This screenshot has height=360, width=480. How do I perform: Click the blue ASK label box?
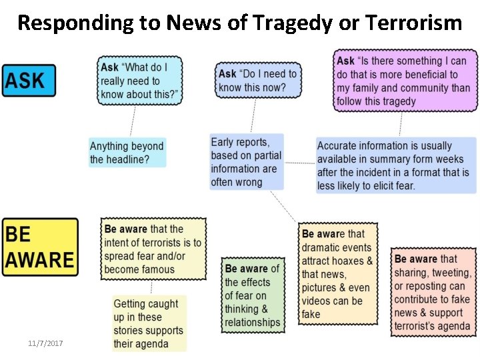coord(29,81)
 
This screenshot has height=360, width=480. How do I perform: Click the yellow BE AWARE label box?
coord(40,247)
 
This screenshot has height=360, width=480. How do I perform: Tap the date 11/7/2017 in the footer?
coord(45,343)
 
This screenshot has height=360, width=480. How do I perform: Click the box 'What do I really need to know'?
coord(140,81)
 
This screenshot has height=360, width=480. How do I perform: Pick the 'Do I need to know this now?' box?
coord(258,81)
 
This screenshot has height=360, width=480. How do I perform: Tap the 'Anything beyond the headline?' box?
coord(127,153)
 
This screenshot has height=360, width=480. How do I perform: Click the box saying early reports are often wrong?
coord(246,161)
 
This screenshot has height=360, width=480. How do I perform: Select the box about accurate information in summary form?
coord(396,165)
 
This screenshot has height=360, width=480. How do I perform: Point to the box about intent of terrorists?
coord(152,249)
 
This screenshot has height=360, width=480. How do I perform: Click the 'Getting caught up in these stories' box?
coord(148,323)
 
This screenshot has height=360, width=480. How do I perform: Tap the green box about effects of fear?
coord(252,295)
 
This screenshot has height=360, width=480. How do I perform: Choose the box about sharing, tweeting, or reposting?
coord(433,292)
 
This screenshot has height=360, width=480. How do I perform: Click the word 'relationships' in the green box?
coord(252,323)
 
